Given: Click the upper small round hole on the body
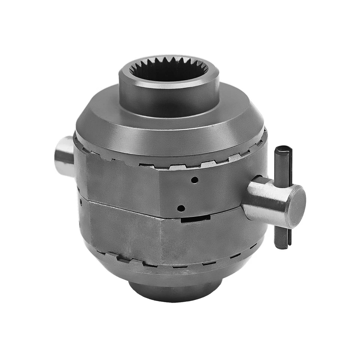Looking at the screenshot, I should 194,180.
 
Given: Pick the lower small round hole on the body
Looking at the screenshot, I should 181,208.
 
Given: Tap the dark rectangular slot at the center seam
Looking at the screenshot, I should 195,218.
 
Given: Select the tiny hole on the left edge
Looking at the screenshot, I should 81,202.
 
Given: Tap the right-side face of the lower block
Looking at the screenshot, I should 210,236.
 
